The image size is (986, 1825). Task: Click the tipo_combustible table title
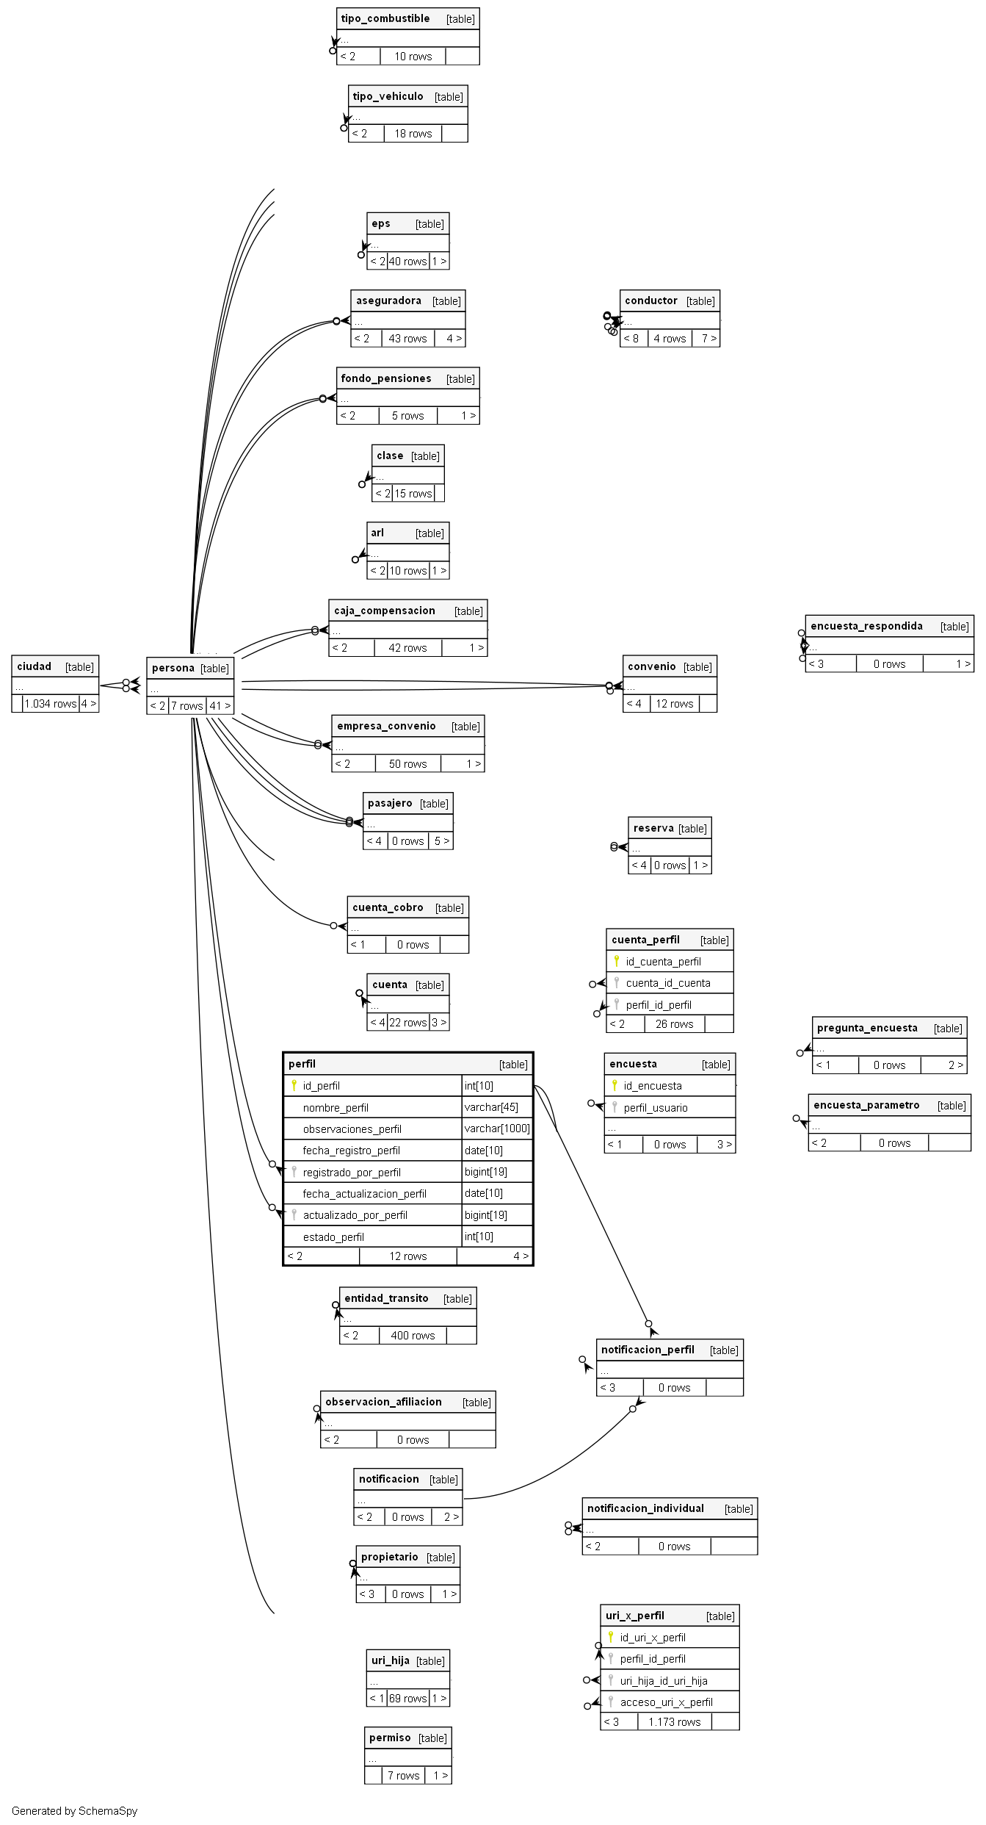point(385,18)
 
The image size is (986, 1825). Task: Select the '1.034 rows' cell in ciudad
point(51,704)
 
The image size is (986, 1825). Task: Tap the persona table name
point(173,668)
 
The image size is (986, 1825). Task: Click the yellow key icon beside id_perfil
point(294,1085)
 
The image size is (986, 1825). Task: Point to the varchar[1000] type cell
point(497,1129)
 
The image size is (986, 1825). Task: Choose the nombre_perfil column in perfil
point(336,1107)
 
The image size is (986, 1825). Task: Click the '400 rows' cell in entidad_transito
point(413,1336)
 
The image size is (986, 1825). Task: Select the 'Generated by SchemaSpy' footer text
point(74,1811)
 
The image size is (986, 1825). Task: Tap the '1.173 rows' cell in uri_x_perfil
point(674,1721)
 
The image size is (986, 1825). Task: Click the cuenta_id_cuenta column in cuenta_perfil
point(668,983)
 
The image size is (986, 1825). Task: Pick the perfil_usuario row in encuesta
point(656,1108)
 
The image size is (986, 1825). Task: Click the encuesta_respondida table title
point(866,626)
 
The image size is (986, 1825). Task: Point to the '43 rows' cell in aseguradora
point(407,339)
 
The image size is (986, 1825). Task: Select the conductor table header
point(651,300)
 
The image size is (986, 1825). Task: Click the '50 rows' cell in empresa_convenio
point(407,764)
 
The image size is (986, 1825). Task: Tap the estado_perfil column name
point(333,1237)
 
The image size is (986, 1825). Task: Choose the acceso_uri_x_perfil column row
point(666,1702)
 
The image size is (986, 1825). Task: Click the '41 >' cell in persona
point(220,706)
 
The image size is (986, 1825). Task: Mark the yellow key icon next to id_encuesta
point(615,1085)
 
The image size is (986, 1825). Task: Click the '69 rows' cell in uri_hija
point(407,1698)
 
